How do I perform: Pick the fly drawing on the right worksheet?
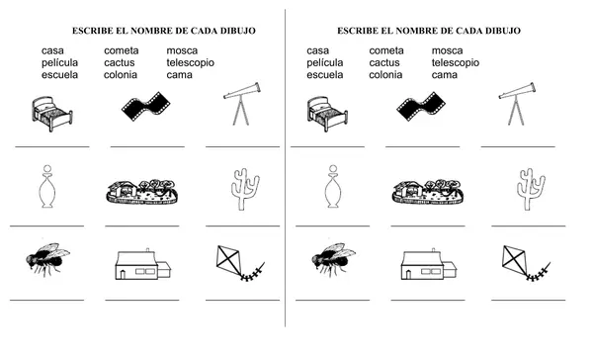[x=332, y=259]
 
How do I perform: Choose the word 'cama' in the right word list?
[x=445, y=74]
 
